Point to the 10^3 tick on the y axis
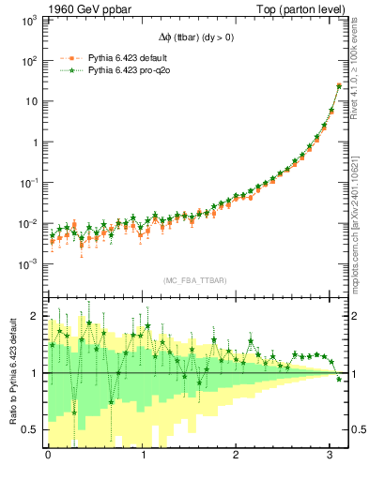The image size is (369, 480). (27, 20)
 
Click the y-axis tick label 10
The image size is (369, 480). (30, 101)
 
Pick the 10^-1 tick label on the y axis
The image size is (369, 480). (27, 183)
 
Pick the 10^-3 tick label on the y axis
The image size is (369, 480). (27, 264)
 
